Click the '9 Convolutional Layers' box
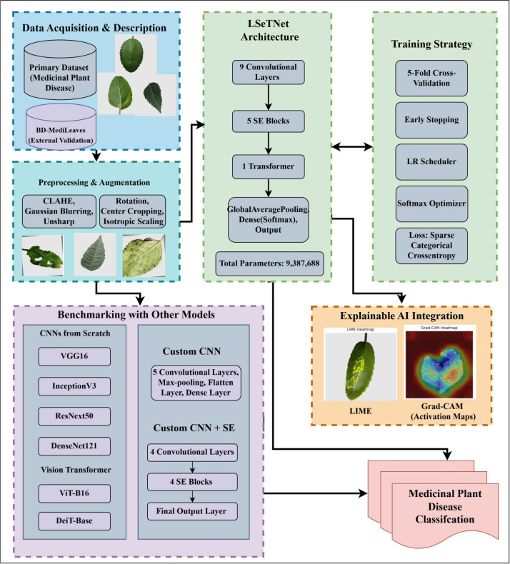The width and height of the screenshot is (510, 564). (x=268, y=72)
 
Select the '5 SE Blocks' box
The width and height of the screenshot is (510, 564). (x=268, y=121)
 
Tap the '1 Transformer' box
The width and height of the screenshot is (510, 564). (x=268, y=166)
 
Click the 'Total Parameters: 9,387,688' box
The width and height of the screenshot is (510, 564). (x=269, y=263)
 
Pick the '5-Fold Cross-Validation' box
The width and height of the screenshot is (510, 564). (x=431, y=78)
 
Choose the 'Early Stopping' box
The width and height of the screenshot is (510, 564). (x=431, y=120)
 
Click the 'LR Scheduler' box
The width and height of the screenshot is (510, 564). (x=431, y=162)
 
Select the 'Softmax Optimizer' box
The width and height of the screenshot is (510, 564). (x=431, y=203)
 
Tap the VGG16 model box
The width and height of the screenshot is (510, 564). (x=74, y=356)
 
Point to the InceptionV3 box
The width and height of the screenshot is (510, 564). (x=74, y=386)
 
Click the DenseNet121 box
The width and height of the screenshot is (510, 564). (x=74, y=446)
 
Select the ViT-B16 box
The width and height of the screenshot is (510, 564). (x=74, y=493)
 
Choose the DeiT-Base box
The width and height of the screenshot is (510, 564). (x=74, y=521)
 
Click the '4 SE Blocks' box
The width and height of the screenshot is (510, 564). (x=192, y=482)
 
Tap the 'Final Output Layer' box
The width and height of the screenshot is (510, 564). (x=192, y=511)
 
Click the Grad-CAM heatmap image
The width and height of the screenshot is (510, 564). (x=439, y=362)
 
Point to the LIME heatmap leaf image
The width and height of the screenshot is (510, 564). (x=360, y=364)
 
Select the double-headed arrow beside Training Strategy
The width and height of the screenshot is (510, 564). (x=352, y=146)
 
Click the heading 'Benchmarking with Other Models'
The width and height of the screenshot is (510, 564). (x=136, y=315)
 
